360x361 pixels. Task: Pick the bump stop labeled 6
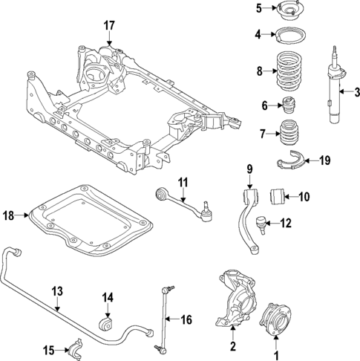coord(288,105)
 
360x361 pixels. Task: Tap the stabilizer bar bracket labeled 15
coord(75,346)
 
